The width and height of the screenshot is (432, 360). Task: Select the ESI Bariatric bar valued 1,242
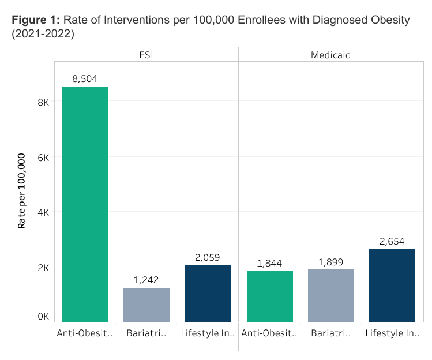click(x=146, y=305)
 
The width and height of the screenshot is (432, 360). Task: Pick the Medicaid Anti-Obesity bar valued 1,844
click(x=269, y=296)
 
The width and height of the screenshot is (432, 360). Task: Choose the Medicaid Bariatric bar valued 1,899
click(x=330, y=295)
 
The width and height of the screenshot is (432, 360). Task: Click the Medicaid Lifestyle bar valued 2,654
click(x=392, y=285)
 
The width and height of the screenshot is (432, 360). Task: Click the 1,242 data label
click(x=146, y=280)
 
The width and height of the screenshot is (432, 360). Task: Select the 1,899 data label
click(x=330, y=262)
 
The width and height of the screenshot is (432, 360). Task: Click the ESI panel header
click(x=146, y=55)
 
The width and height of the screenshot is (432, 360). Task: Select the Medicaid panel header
click(x=330, y=55)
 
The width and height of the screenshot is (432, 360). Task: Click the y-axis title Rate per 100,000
click(x=21, y=191)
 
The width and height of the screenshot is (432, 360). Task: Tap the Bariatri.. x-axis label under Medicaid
click(x=330, y=333)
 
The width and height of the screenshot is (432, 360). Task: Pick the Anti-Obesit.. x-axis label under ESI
click(x=85, y=333)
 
